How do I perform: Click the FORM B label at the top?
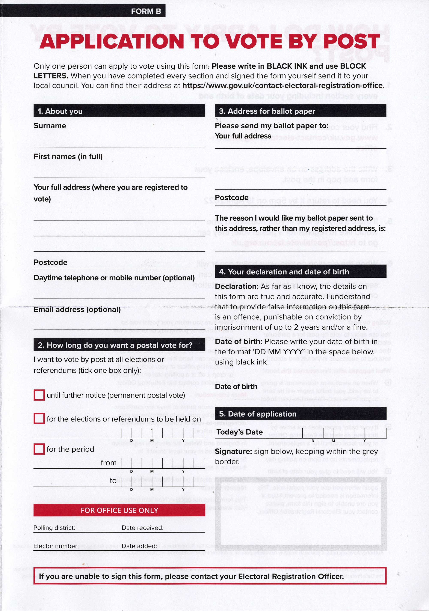146,11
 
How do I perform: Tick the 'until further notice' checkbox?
39,395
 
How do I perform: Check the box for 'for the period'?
39,449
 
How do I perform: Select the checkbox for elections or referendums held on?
39,418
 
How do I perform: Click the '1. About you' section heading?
60,111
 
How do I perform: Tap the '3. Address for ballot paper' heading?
267,111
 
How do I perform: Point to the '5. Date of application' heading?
258,414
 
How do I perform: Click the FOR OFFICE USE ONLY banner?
119,510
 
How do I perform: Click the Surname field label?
50,126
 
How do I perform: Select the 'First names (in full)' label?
68,157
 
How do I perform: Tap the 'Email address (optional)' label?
77,310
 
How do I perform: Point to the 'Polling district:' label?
54,528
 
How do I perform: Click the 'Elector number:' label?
56,546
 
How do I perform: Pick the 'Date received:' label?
142,528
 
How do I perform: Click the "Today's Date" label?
239,432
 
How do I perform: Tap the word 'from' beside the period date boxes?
108,463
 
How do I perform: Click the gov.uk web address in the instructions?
282,85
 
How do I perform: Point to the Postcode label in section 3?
231,197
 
